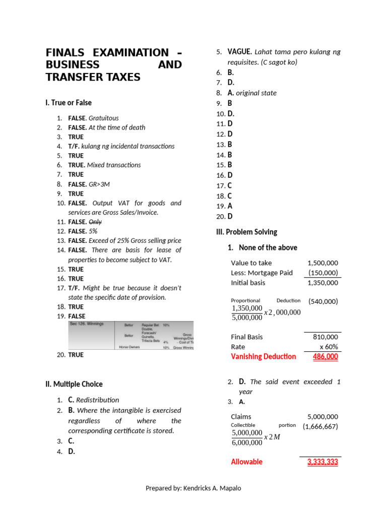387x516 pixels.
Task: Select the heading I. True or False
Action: click(x=68, y=103)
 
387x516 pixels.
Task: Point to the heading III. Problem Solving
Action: click(x=246, y=232)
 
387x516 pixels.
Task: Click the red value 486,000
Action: click(x=325, y=357)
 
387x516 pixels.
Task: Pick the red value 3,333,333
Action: click(x=322, y=462)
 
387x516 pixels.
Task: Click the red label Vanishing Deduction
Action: click(x=263, y=357)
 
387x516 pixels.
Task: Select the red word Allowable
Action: click(x=246, y=462)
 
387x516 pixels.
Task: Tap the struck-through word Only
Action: click(x=95, y=222)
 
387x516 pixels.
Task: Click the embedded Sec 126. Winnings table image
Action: click(x=131, y=335)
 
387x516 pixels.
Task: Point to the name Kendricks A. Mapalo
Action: click(x=212, y=488)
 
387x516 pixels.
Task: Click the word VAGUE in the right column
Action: click(x=239, y=52)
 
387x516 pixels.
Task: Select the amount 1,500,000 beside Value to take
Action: click(x=322, y=263)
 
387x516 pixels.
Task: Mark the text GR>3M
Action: click(x=99, y=184)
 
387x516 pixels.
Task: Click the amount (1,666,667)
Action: click(x=320, y=426)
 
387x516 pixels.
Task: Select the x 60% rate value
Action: click(x=329, y=347)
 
